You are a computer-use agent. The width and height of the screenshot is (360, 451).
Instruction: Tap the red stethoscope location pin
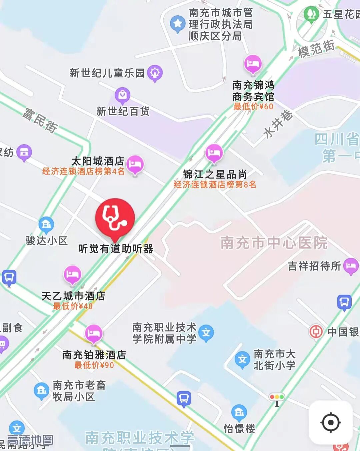(115, 217)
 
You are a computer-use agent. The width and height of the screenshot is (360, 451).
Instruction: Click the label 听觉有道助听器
(116, 249)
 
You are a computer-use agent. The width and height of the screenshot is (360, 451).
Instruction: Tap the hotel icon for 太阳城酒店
(135, 164)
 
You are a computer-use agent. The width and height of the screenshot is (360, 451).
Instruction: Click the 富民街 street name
(40, 120)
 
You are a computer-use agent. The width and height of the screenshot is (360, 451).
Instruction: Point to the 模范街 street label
(316, 49)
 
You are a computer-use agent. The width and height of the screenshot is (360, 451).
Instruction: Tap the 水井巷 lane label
(278, 124)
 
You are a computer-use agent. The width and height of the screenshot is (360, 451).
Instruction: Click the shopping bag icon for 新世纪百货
(122, 95)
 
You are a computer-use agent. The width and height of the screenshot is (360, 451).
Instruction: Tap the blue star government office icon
(178, 23)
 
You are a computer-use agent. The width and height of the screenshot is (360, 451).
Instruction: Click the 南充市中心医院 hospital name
(274, 243)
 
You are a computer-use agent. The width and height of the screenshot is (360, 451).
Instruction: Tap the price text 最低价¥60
(253, 107)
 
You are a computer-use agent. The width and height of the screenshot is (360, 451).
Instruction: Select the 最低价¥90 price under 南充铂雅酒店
(94, 365)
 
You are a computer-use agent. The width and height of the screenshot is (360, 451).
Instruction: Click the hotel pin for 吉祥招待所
(351, 265)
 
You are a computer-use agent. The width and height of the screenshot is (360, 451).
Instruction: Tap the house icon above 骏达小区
(46, 225)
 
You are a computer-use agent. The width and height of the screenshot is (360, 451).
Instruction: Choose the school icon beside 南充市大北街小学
(242, 359)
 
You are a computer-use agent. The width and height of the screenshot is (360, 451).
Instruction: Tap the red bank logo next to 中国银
(316, 331)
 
